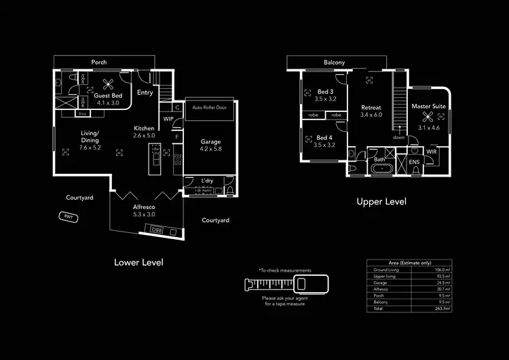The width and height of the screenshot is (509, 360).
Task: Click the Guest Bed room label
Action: pyautogui.click(x=107, y=96)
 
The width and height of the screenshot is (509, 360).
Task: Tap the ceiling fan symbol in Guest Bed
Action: pyautogui.click(x=107, y=84)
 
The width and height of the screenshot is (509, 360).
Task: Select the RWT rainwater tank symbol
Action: pyautogui.click(x=68, y=217)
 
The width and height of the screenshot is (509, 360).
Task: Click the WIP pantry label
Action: pyautogui.click(x=169, y=119)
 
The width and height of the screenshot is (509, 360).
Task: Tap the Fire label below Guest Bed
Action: pyautogui.click(x=82, y=113)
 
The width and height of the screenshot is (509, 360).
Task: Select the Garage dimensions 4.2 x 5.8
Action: pyautogui.click(x=210, y=149)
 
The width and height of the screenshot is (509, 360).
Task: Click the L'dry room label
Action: pyautogui.click(x=208, y=180)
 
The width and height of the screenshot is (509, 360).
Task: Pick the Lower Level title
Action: pyautogui.click(x=138, y=262)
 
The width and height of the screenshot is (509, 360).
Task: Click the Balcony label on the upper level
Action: pyautogui.click(x=334, y=62)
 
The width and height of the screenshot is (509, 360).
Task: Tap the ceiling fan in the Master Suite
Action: pyautogui.click(x=428, y=115)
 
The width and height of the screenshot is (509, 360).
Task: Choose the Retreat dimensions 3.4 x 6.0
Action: pyautogui.click(x=371, y=115)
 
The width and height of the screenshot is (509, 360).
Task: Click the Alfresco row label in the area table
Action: pyautogui.click(x=381, y=289)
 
